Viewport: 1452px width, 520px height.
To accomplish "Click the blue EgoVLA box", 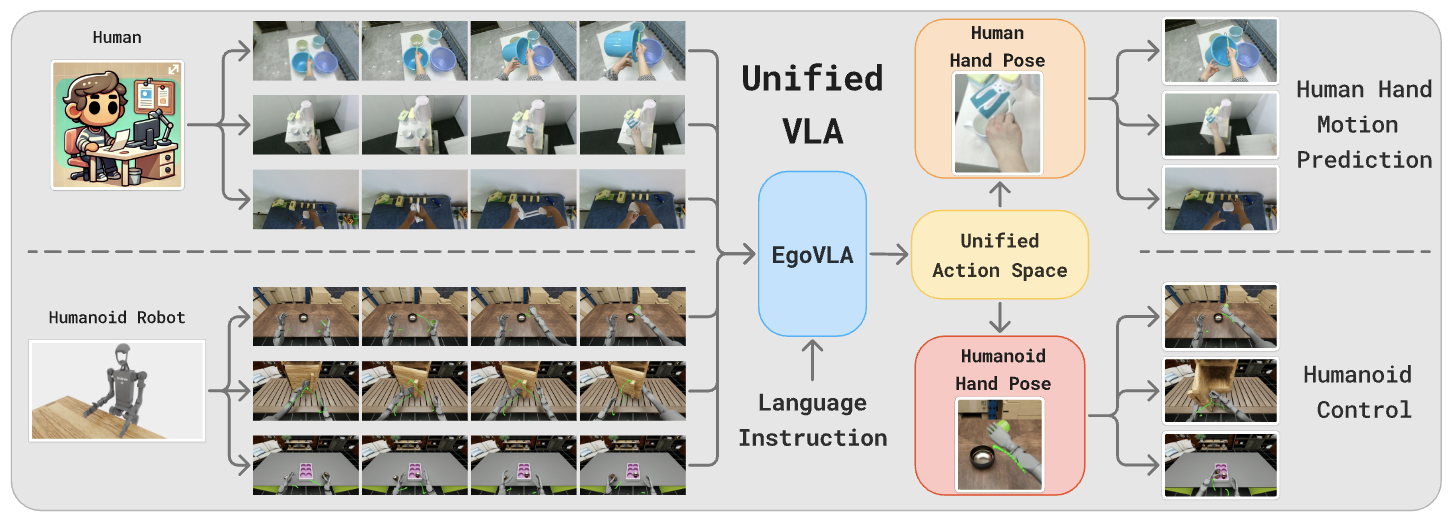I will point(812,255).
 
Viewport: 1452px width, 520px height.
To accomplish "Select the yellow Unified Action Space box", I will point(999,255).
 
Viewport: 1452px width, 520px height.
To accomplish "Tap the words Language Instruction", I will point(812,420).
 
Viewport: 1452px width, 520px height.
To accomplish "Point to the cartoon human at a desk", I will point(117,125).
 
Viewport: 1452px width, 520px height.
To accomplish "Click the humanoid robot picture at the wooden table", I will point(117,390).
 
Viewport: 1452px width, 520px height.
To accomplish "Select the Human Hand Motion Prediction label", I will point(1363,124).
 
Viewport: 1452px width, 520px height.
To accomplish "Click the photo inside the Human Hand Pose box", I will point(998,125).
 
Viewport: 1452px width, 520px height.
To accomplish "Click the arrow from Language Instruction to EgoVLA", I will point(812,359).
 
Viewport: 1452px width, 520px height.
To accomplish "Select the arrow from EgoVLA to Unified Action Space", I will point(887,256).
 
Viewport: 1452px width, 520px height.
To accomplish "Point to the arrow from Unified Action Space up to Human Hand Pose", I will point(999,194).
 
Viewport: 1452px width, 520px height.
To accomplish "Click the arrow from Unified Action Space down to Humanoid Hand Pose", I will point(999,316).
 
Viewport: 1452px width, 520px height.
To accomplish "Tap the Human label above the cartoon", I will point(117,38).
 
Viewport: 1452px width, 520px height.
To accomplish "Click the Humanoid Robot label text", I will point(117,318).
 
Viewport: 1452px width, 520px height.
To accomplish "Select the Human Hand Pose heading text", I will point(998,47).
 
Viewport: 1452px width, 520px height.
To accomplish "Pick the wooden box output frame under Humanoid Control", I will point(1221,390).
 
